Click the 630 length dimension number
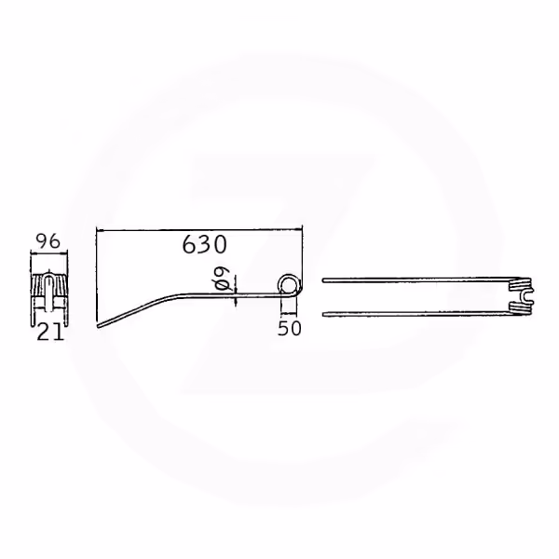point(204,244)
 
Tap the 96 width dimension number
point(48,242)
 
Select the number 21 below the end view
point(50,333)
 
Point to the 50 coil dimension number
point(289,328)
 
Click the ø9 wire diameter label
point(222,280)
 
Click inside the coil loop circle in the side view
point(289,285)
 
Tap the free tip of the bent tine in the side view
point(99,325)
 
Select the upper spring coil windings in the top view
point(521,285)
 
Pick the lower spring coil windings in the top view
point(521,308)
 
